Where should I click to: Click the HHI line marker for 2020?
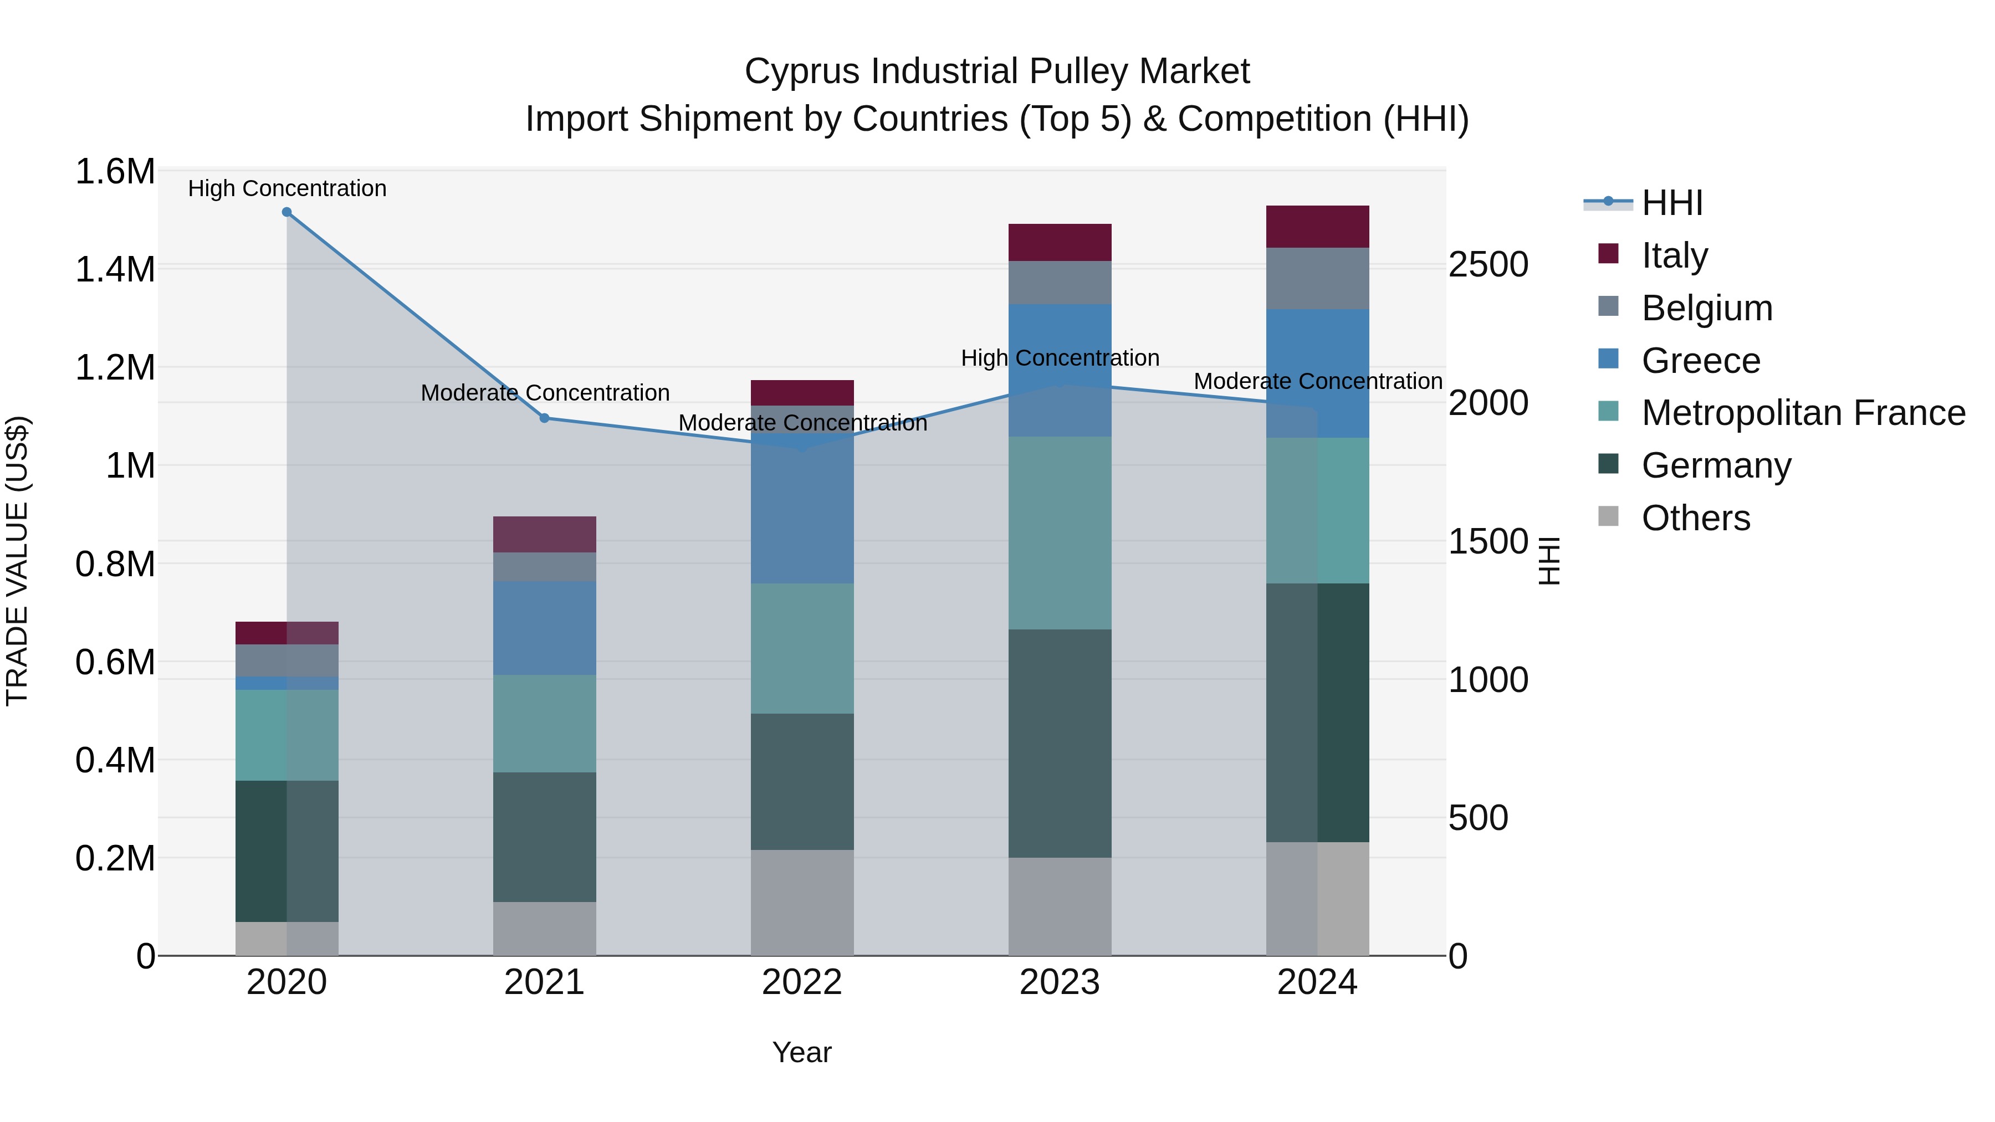click(287, 212)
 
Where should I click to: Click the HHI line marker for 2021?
click(544, 418)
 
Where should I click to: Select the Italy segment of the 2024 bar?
click(1317, 227)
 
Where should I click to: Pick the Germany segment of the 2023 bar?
click(1060, 744)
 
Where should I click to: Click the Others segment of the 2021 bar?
click(544, 929)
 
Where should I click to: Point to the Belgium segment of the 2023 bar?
click(1060, 283)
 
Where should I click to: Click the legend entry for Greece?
click(1700, 361)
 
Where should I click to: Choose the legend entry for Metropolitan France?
click(1802, 413)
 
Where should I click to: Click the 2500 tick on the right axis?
click(1488, 265)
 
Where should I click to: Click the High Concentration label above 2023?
click(1060, 358)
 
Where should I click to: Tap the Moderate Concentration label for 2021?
click(544, 393)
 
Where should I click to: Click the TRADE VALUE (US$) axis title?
click(17, 561)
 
